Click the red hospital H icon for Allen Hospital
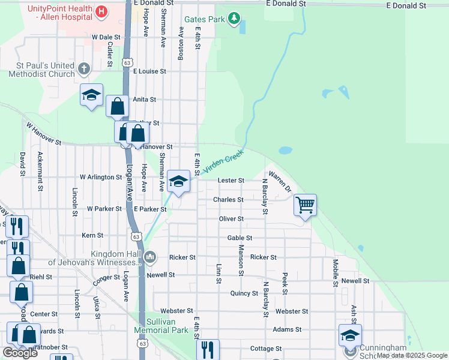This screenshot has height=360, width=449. pyautogui.click(x=101, y=11)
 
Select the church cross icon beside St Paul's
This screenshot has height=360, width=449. pyautogui.click(x=83, y=69)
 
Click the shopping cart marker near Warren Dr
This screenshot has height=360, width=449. pyautogui.click(x=305, y=205)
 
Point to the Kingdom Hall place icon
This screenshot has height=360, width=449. pyautogui.click(x=149, y=257)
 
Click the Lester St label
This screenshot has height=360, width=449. pyautogui.click(x=231, y=181)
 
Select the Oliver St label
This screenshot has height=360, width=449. pyautogui.click(x=231, y=219)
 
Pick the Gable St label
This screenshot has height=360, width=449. pyautogui.click(x=240, y=238)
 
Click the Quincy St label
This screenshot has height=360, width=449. pyautogui.click(x=244, y=293)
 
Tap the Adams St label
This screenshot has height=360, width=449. pyautogui.click(x=287, y=330)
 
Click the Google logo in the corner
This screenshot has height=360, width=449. pyautogui.click(x=20, y=353)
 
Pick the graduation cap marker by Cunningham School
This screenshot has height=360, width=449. pyautogui.click(x=350, y=335)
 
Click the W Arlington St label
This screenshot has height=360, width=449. pyautogui.click(x=101, y=178)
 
